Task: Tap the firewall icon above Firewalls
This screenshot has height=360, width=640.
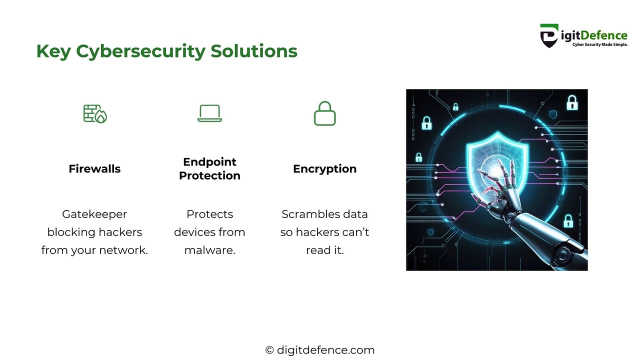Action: pyautogui.click(x=95, y=113)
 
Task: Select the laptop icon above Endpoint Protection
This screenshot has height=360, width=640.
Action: pyautogui.click(x=209, y=113)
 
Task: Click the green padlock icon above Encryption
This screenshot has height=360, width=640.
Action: pyautogui.click(x=324, y=113)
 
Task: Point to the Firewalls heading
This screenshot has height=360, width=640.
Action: pyautogui.click(x=94, y=169)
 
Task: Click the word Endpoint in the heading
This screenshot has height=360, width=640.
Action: pyautogui.click(x=209, y=162)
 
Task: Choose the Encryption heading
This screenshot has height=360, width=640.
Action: pyautogui.click(x=324, y=169)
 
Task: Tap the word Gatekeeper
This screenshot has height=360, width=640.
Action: pyautogui.click(x=94, y=214)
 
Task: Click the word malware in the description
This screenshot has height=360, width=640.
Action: pyautogui.click(x=209, y=250)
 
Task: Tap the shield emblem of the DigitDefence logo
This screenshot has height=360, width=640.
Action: pyautogui.click(x=549, y=36)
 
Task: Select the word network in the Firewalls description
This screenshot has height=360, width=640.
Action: pyautogui.click(x=123, y=250)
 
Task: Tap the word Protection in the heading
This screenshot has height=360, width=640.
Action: pyautogui.click(x=209, y=175)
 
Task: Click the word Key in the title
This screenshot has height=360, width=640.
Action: pyautogui.click(x=52, y=51)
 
